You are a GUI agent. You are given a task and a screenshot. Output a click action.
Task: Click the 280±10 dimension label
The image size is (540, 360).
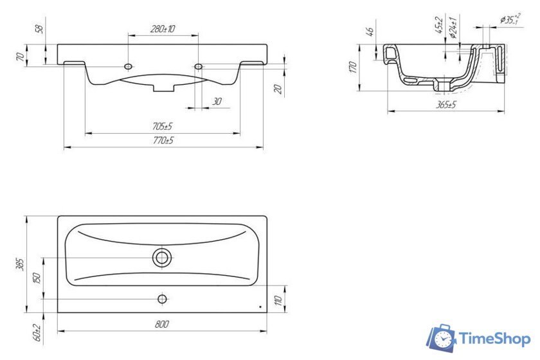click(x=163, y=28)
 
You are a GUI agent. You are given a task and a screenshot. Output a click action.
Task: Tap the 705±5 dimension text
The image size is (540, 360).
click(x=162, y=127)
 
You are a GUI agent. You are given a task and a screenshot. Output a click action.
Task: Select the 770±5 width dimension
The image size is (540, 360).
click(x=163, y=141)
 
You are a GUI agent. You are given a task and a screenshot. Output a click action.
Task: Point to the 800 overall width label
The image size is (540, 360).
click(x=162, y=324)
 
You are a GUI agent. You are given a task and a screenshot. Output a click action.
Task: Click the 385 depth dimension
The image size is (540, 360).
click(x=21, y=264)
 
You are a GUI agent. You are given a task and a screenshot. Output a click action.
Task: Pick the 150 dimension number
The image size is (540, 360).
click(x=37, y=278)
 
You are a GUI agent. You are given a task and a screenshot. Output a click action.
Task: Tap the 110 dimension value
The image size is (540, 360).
click(x=279, y=300)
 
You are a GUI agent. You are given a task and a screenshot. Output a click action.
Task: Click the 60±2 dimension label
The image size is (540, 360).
click(x=37, y=333)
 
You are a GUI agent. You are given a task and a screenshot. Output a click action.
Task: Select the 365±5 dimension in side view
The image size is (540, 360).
click(x=446, y=104)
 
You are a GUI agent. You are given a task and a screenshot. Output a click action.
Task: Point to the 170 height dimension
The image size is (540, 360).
click(x=352, y=67)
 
